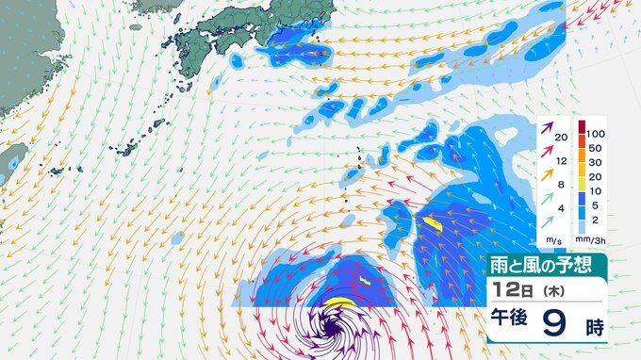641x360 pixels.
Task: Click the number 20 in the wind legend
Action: pyautogui.click(x=561, y=138)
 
